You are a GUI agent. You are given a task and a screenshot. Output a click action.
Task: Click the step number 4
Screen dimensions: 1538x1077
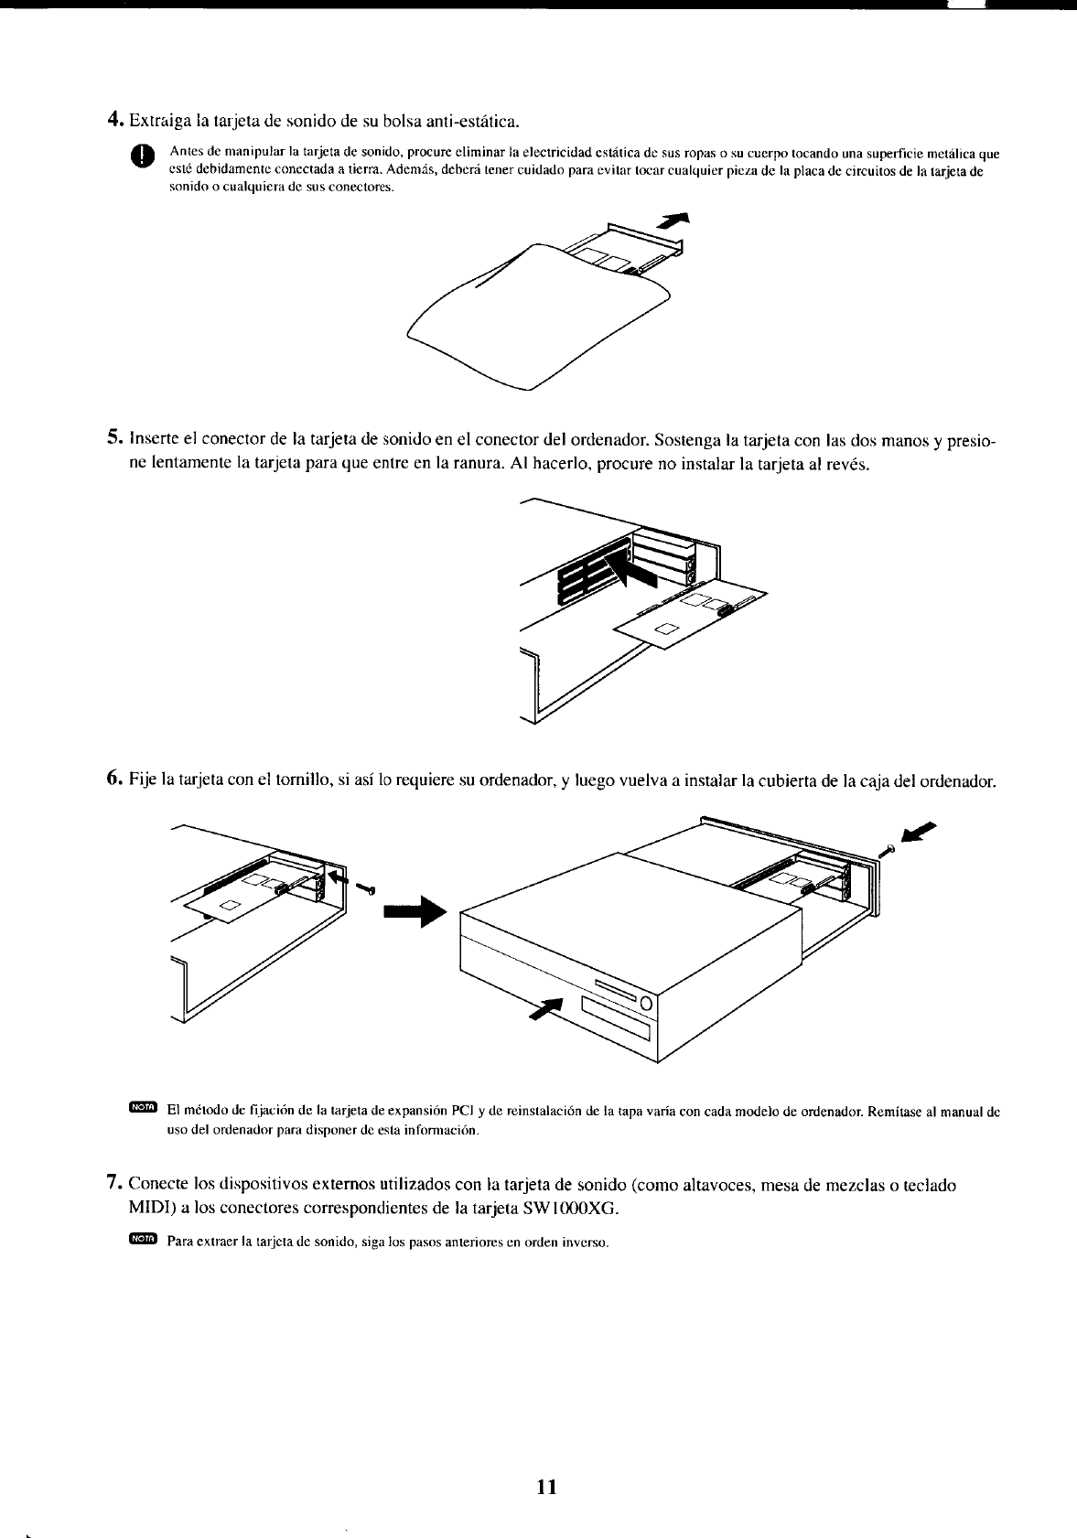[x=114, y=120]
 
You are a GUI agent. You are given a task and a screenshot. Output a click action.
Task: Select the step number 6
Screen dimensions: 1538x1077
[x=114, y=779]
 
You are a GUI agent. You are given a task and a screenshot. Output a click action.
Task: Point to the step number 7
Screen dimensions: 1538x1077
[x=114, y=1185]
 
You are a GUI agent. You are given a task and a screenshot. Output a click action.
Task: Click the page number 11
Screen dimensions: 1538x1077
[x=547, y=1485]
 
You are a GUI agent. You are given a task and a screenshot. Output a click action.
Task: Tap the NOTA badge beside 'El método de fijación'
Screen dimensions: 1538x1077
[x=144, y=1109]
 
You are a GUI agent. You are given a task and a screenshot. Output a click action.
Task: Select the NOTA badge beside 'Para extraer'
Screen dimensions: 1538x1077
[x=144, y=1239]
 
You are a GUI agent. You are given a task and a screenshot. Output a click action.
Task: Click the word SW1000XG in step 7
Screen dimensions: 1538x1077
[x=575, y=1209]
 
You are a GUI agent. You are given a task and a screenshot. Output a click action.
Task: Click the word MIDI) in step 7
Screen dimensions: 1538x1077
[x=154, y=1209]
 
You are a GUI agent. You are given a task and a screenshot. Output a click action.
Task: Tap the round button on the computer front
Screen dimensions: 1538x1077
[x=644, y=1003]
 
